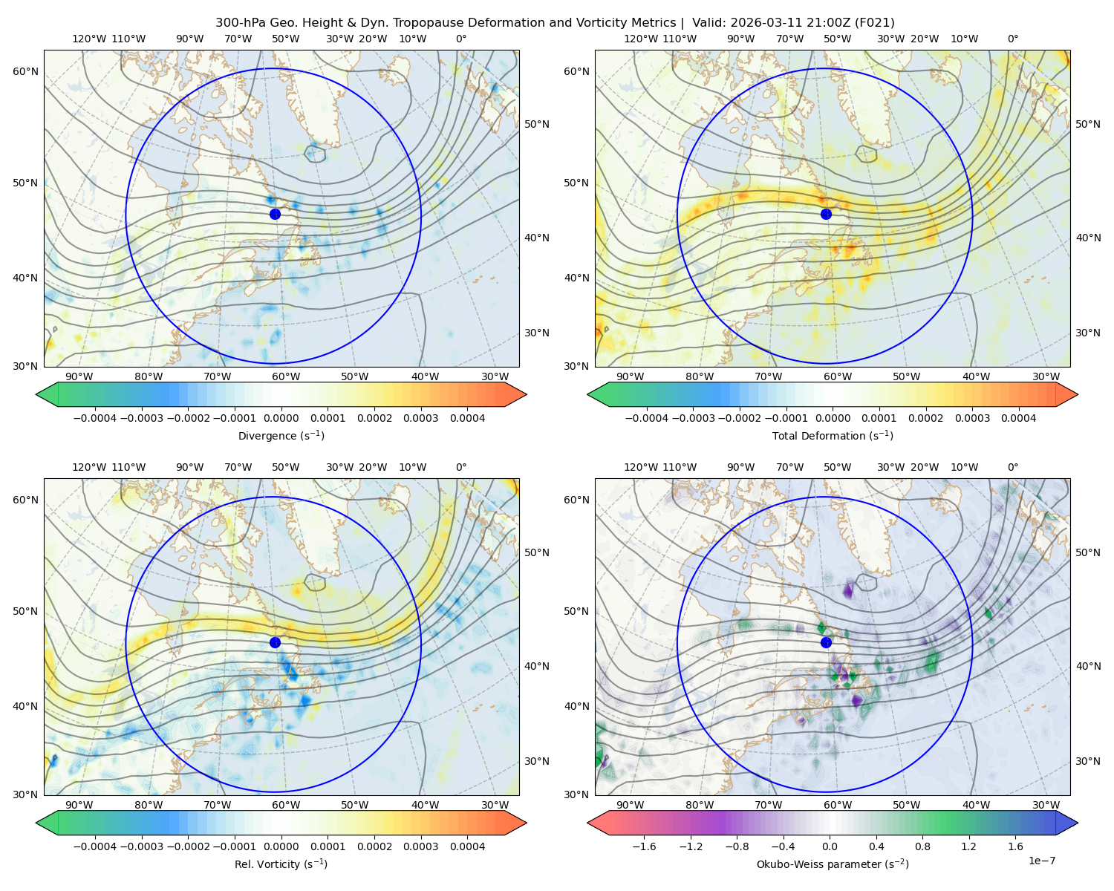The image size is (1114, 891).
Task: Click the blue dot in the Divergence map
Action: pos(275,214)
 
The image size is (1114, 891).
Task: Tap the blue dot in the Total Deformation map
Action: pos(826,214)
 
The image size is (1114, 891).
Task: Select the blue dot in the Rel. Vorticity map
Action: pos(275,642)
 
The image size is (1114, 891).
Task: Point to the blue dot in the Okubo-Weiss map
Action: pos(826,642)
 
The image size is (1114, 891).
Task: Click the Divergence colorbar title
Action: pos(281,435)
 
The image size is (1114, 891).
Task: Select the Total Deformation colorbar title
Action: pos(833,435)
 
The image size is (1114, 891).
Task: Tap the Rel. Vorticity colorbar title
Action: pos(281,864)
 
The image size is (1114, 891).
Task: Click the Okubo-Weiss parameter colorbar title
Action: pos(833,864)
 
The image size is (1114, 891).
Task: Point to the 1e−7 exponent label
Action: pos(1041,861)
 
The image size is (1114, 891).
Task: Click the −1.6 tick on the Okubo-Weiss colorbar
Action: pos(644,846)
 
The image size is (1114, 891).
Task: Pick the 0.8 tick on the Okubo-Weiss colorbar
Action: pos(922,846)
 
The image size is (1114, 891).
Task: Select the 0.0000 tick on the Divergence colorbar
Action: pos(281,418)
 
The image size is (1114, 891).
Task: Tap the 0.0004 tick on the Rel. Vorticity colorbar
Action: pos(467,846)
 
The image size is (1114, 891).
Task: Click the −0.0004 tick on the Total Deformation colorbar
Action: pos(646,418)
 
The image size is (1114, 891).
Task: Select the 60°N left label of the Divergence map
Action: pos(25,71)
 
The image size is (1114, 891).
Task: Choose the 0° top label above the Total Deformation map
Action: pos(1012,39)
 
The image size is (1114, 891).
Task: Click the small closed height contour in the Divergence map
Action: pos(315,154)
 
